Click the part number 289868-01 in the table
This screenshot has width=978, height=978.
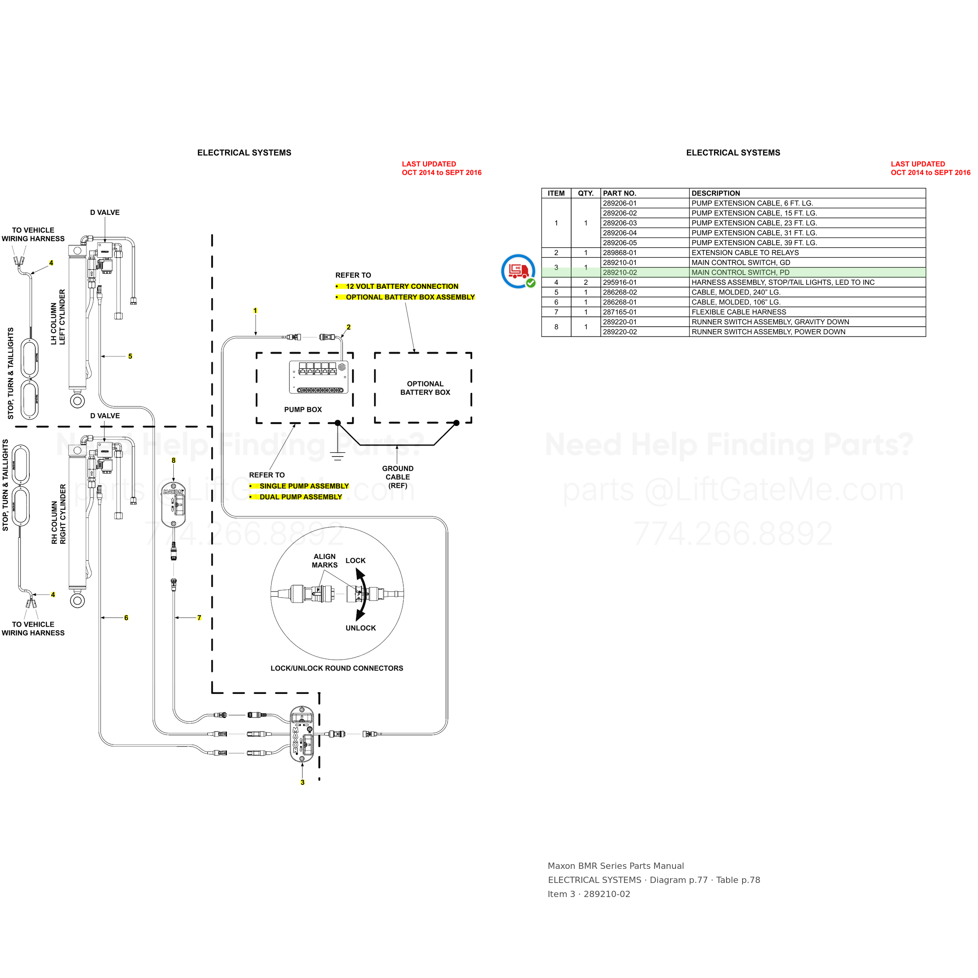tap(620, 253)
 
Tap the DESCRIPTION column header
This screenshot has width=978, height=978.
tap(716, 193)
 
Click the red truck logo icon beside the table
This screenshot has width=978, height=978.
tap(518, 271)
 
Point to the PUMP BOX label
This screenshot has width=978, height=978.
tap(303, 410)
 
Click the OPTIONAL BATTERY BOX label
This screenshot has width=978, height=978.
tap(425, 388)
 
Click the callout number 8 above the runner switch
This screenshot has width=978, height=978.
tap(174, 460)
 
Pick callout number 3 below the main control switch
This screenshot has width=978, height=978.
tap(302, 782)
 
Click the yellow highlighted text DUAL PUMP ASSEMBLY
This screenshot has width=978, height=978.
tap(301, 497)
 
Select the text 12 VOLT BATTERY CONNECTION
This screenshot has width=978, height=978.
tap(402, 286)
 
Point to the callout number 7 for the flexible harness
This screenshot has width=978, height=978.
tap(199, 618)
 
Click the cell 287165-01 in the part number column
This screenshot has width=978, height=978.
tap(620, 312)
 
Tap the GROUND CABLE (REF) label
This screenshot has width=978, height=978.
tap(398, 477)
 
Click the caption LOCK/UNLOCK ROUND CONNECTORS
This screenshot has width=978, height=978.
tap(337, 668)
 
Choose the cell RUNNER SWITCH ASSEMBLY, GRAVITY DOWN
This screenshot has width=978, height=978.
tap(770, 322)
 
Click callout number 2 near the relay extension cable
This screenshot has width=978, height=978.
tap(348, 327)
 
